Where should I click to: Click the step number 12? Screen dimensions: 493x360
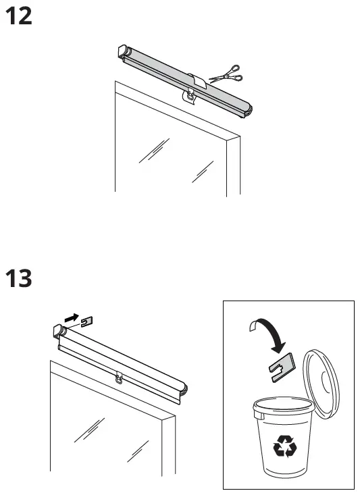18,16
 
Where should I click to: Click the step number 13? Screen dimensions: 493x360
18,278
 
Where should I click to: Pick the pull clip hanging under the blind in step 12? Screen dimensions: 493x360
192,99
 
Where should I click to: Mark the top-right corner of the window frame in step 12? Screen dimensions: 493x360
239,138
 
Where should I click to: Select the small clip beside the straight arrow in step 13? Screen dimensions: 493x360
86,321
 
